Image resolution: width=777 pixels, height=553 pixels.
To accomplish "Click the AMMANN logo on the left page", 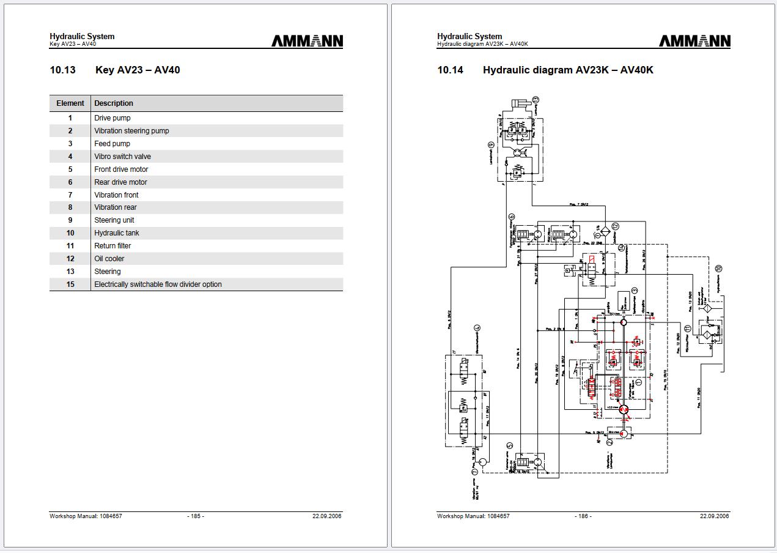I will [307, 41].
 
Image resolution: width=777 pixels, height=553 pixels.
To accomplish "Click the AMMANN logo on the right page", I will [694, 41].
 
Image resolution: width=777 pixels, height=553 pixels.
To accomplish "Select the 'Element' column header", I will [70, 103].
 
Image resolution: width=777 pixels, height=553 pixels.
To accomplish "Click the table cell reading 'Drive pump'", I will [112, 118].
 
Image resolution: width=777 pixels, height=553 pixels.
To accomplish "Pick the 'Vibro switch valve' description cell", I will [122, 157].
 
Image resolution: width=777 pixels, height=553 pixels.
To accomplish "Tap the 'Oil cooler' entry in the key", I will [109, 259].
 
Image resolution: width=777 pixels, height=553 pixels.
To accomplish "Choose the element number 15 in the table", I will [70, 284].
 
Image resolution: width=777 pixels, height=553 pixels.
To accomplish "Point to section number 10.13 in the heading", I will [63, 70].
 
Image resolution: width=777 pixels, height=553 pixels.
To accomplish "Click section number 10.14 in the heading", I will [451, 70].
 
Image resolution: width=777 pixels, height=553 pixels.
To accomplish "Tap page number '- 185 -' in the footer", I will [196, 516].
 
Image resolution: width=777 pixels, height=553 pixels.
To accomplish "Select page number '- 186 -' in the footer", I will [583, 516].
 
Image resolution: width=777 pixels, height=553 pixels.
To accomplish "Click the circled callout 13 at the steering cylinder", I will [536, 100].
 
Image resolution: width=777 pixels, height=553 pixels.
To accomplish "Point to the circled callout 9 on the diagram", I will [491, 146].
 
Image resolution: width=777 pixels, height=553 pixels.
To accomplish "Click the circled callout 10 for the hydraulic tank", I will [719, 268].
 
